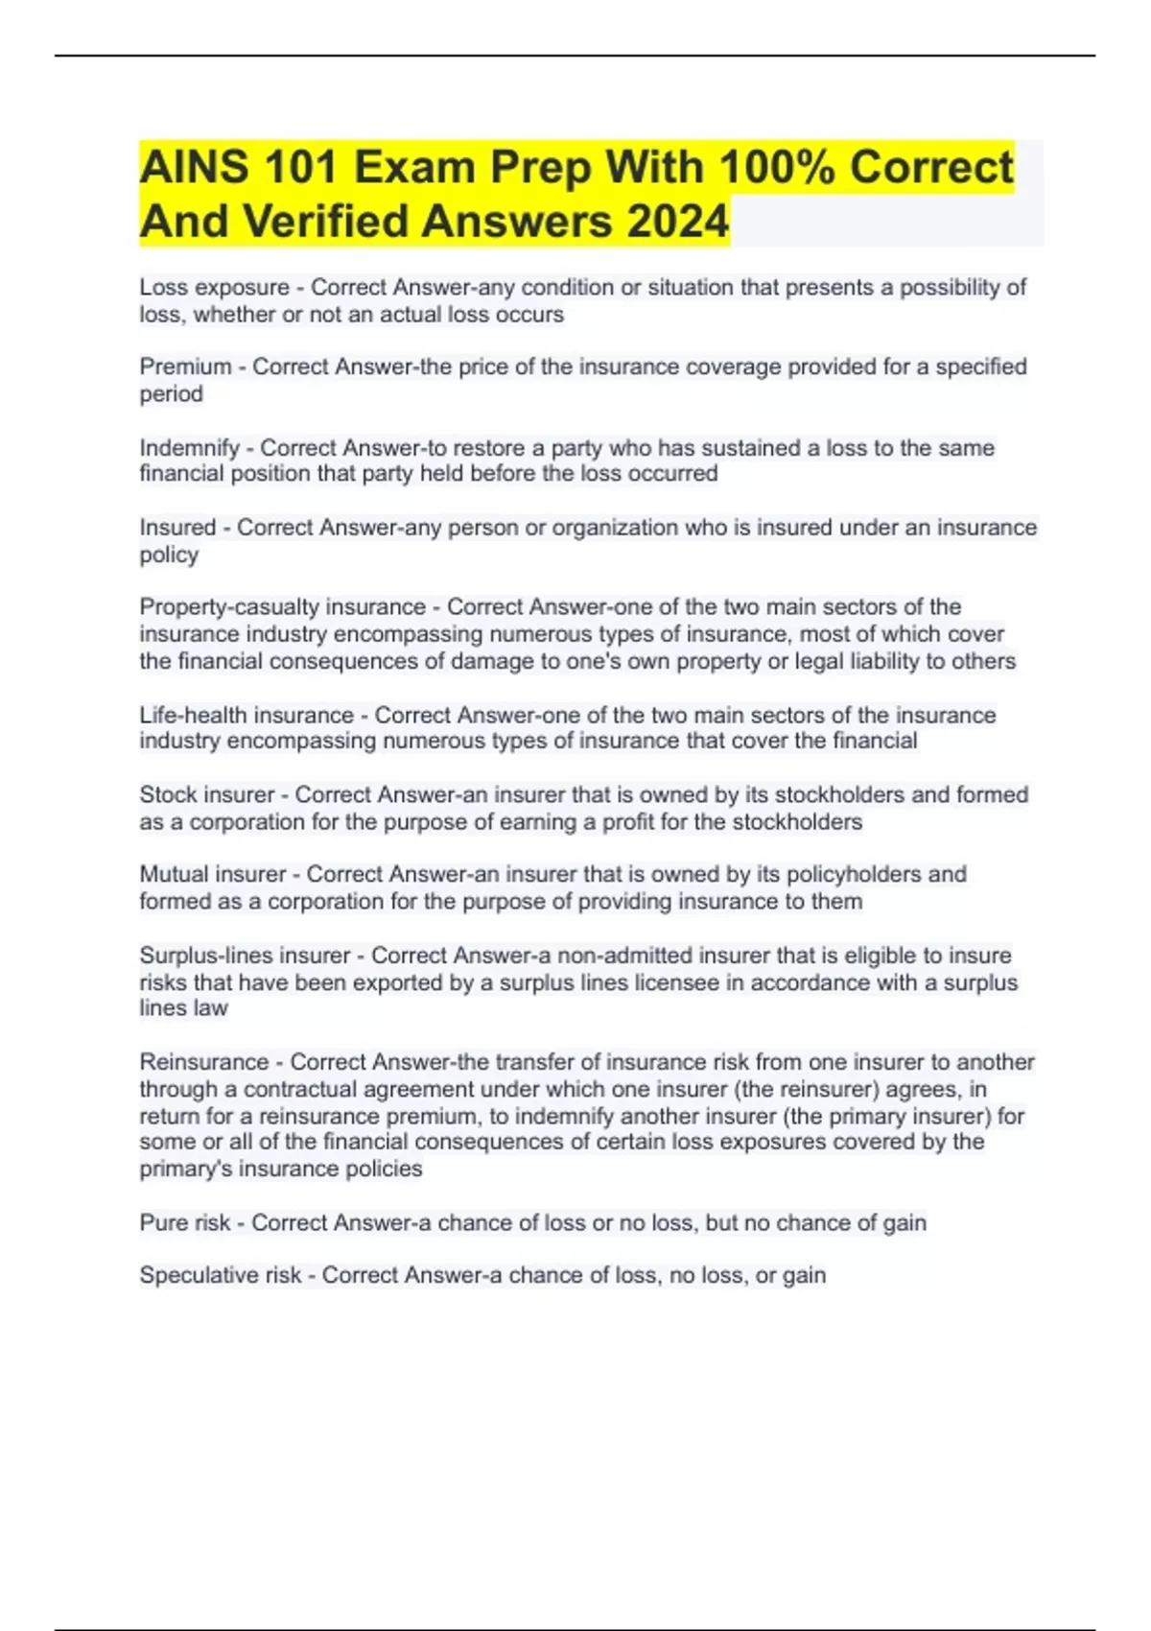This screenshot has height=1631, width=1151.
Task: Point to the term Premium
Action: [x=185, y=366]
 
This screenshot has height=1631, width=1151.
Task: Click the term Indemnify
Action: [x=189, y=448]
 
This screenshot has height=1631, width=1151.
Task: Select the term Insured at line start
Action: [x=177, y=528]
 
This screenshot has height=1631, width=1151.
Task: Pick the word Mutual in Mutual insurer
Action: [x=174, y=874]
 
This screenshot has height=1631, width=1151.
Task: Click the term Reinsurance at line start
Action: [x=203, y=1062]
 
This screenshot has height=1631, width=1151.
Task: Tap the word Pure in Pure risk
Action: [x=162, y=1223]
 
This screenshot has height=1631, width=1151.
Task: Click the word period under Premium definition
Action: [x=171, y=394]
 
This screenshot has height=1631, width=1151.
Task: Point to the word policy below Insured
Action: [x=169, y=555]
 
